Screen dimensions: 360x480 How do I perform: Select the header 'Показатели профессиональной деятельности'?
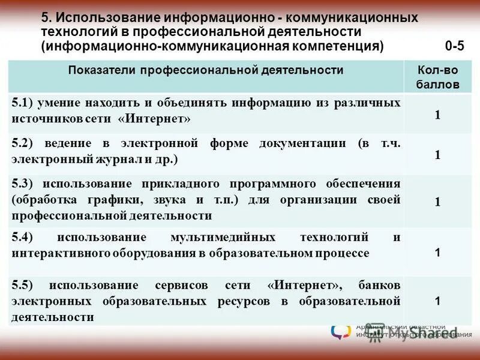click(x=206, y=71)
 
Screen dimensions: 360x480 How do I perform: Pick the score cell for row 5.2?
click(x=437, y=155)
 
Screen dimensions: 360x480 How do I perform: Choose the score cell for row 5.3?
click(x=437, y=202)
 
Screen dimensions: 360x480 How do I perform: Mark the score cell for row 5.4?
click(x=437, y=253)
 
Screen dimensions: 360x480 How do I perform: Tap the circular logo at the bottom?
click(x=340, y=331)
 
